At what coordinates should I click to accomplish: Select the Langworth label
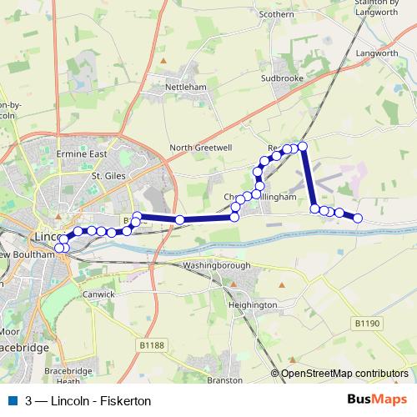378,53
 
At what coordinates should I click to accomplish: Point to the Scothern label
277,14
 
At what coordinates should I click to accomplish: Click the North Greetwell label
200,148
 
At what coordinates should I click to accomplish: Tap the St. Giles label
108,177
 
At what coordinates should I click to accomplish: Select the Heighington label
252,305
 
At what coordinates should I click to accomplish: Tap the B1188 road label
153,344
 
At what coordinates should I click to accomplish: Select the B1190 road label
366,322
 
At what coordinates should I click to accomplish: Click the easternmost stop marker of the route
358,219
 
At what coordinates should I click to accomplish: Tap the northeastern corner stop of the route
303,147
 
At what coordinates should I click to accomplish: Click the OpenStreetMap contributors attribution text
344,373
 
